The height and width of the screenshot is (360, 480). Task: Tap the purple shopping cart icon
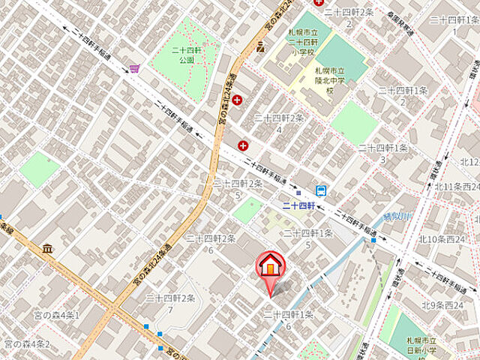(134, 68)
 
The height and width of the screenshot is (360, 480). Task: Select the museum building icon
(47, 248)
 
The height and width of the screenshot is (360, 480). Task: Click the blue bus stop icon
(321, 190)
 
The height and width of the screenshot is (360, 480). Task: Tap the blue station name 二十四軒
(297, 204)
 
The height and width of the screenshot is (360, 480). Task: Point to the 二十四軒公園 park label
(183, 55)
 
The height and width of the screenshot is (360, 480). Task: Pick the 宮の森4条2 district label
(27, 344)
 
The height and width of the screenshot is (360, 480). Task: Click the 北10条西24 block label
(442, 239)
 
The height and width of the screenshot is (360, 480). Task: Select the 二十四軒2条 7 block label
(171, 303)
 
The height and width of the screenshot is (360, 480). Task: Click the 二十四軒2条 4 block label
(279, 123)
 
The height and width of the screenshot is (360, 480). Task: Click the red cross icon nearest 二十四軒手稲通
(242, 145)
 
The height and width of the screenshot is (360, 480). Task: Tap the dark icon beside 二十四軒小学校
(260, 47)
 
